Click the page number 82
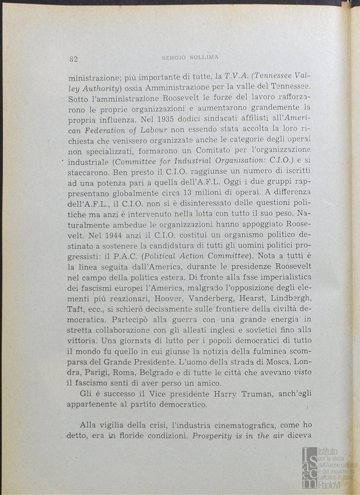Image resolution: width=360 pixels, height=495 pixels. (73, 58)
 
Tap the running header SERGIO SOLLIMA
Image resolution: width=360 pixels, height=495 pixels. (190, 57)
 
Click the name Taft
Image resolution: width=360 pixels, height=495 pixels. (75, 308)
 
